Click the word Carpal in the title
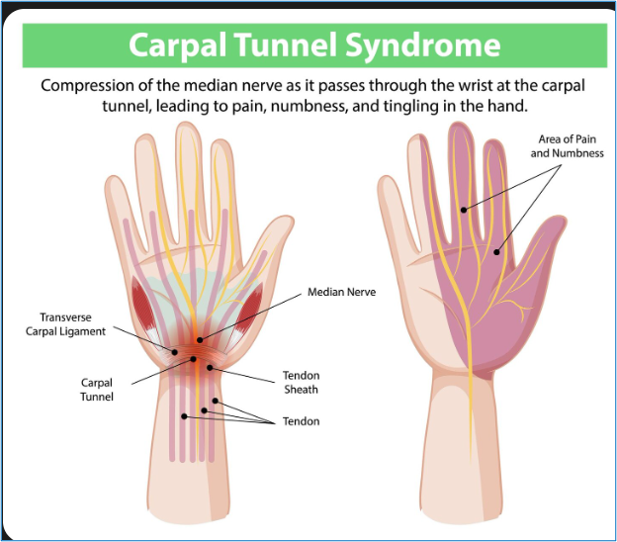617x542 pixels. click(177, 45)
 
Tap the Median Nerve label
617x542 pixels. click(341, 293)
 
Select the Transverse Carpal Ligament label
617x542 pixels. click(65, 324)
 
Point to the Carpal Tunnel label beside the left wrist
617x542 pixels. click(98, 389)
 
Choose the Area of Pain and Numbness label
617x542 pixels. click(567, 146)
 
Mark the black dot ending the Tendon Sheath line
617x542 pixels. click(210, 368)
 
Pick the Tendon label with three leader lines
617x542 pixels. click(301, 421)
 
